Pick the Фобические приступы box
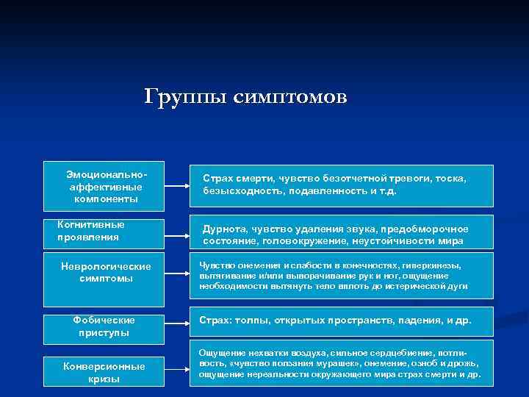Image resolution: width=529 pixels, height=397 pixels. [x=104, y=326]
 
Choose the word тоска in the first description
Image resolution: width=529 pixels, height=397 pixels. [x=450, y=179]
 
